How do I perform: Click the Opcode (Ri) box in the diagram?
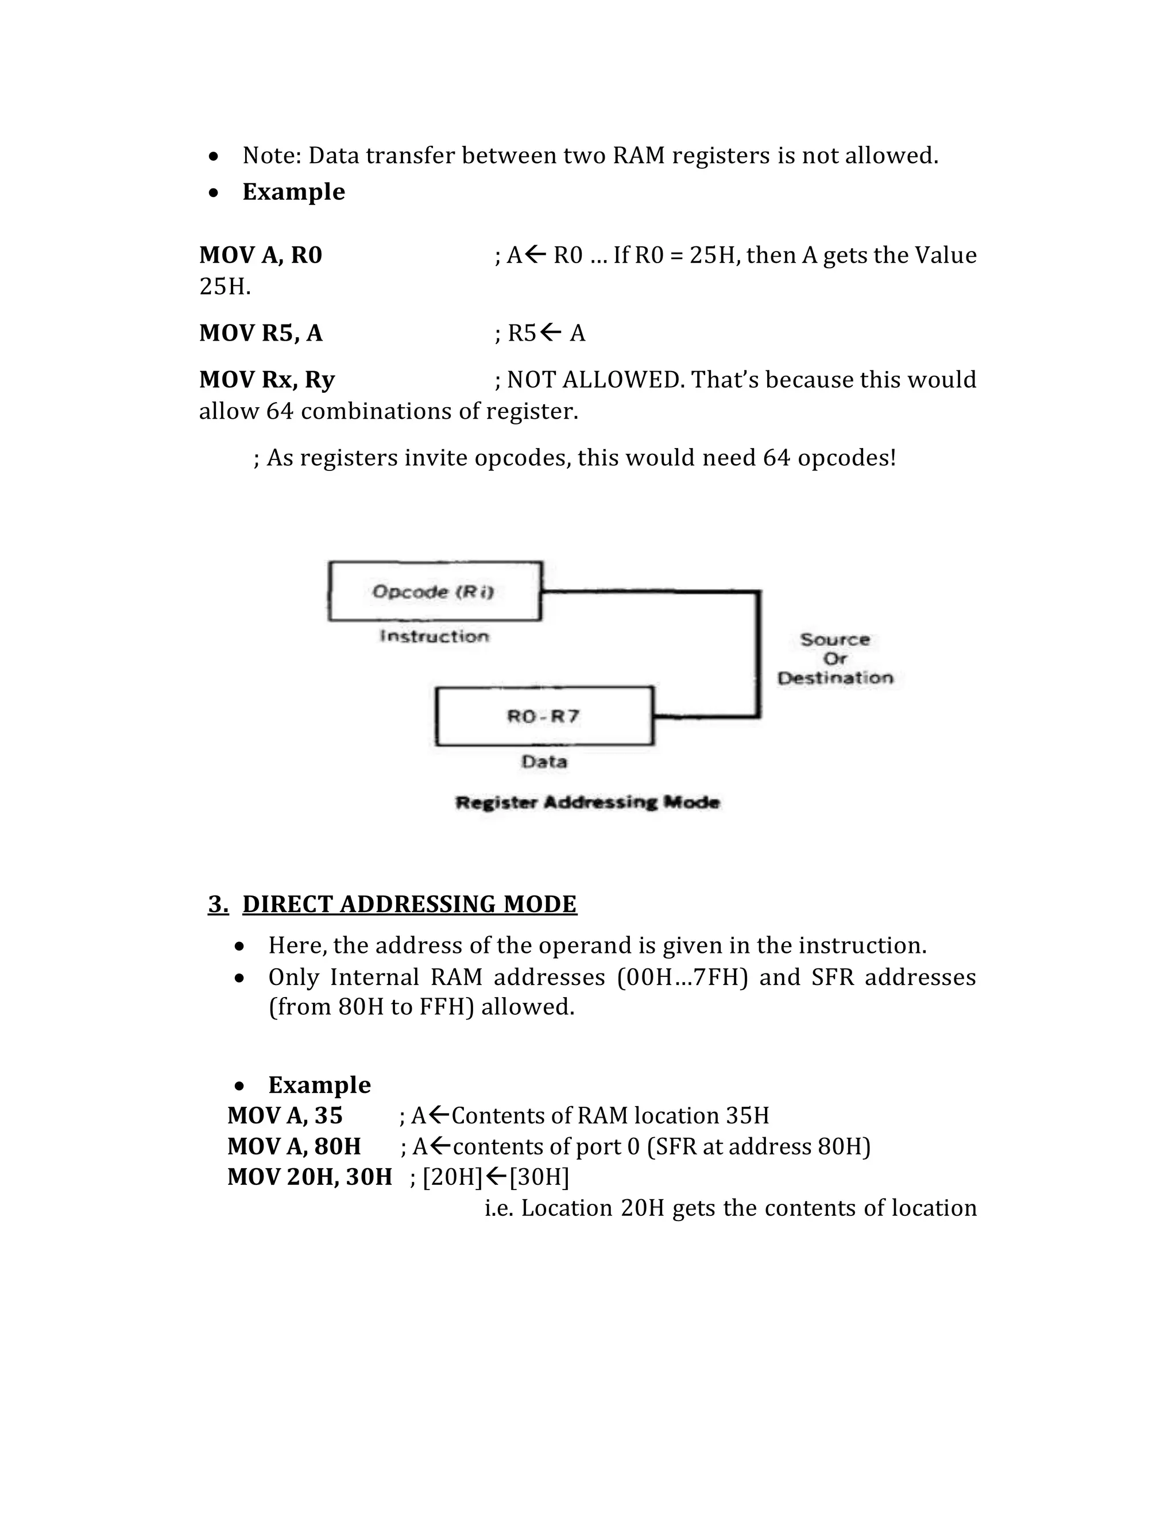pos(435,591)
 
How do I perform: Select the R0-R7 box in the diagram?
pos(544,716)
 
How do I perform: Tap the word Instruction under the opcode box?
pos(434,636)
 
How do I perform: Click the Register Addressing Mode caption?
pos(587,802)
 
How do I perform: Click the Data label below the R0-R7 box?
pos(544,761)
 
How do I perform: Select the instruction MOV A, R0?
pos(261,255)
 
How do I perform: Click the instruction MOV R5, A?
pos(261,333)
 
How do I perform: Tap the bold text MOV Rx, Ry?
pos(267,380)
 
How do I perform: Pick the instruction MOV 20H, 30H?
pos(310,1176)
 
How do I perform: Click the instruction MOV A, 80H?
pos(293,1146)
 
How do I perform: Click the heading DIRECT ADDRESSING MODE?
pos(409,904)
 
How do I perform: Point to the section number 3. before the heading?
pos(218,904)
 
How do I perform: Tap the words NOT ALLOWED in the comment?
pos(595,380)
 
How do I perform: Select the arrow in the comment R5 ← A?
pos(550,333)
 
